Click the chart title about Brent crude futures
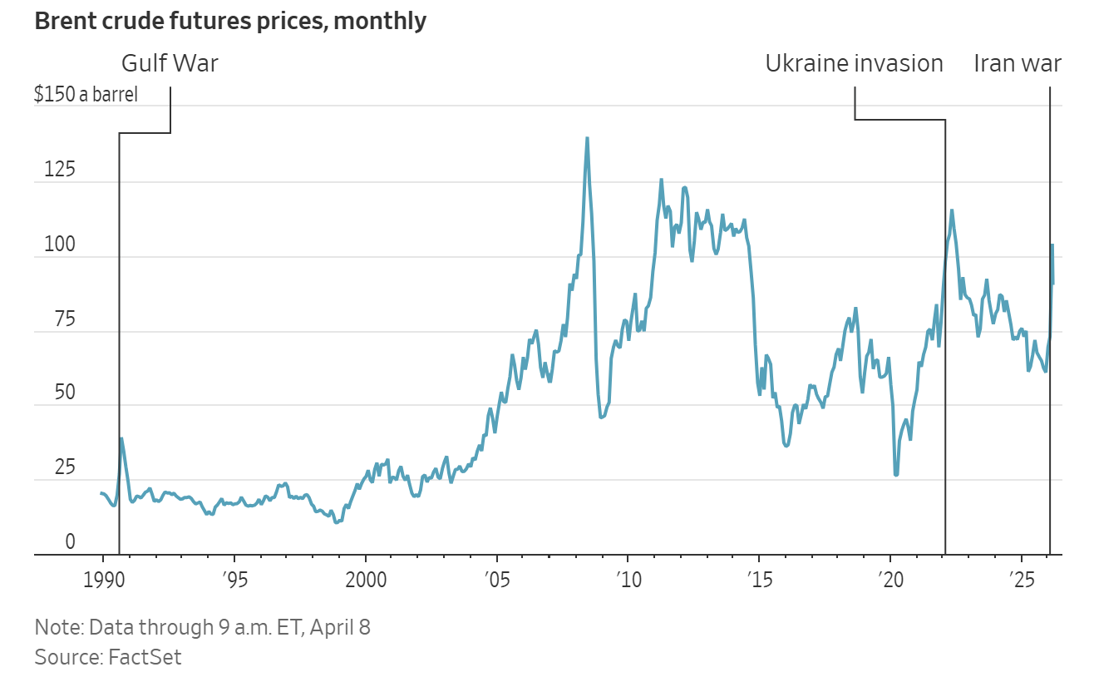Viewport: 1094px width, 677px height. [x=230, y=22]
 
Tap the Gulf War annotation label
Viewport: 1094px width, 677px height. [x=170, y=63]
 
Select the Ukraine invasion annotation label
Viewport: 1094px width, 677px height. [x=854, y=63]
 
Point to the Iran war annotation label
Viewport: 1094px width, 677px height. [x=1018, y=63]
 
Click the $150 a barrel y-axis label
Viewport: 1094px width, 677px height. [x=86, y=94]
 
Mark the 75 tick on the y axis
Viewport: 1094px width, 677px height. [x=57, y=320]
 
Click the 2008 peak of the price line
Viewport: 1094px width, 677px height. [x=587, y=138]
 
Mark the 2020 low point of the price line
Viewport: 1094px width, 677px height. [x=896, y=475]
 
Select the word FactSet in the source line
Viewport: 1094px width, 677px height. [x=145, y=657]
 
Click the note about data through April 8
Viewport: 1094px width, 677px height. [x=202, y=626]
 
